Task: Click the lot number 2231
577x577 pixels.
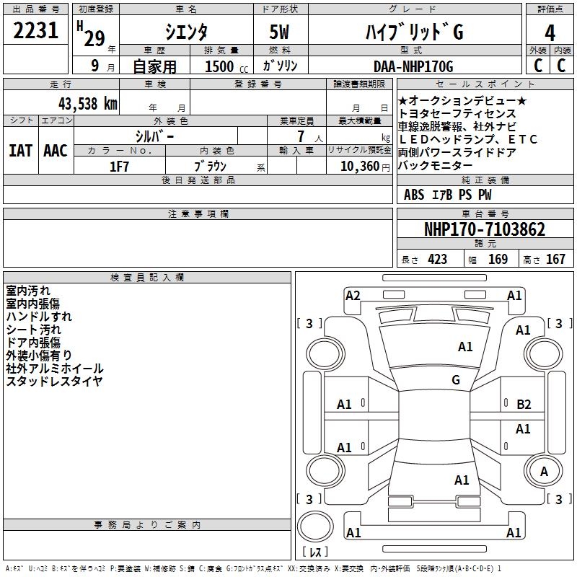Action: [36, 30]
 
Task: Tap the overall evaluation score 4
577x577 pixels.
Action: [550, 32]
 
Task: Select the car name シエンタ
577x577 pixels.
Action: [186, 32]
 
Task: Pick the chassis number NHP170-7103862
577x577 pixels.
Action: [484, 229]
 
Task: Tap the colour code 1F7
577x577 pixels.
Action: [120, 166]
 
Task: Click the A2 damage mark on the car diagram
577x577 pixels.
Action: [353, 295]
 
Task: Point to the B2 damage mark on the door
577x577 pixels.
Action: [524, 405]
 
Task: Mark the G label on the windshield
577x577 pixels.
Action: [455, 380]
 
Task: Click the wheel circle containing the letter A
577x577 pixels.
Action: [544, 471]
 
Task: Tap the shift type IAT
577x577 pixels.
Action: [21, 151]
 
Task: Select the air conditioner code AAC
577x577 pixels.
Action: [56, 151]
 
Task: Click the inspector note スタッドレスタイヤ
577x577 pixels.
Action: [54, 382]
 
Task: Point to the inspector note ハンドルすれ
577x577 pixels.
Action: [39, 317]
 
